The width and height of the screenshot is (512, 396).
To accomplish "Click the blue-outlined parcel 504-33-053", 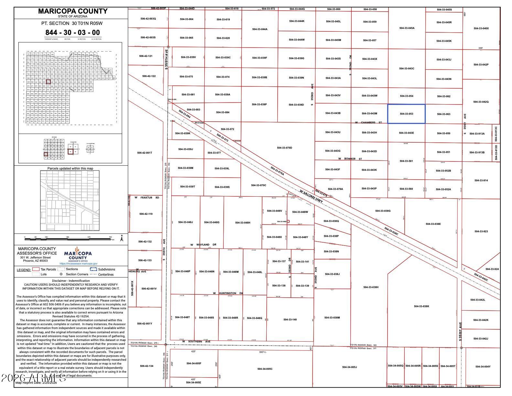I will tap(406, 114).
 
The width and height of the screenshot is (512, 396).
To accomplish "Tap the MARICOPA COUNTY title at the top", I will tap(73, 11).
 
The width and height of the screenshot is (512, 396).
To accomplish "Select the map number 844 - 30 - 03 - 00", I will tap(73, 32).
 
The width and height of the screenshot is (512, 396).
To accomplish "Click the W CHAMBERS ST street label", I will tap(368, 123).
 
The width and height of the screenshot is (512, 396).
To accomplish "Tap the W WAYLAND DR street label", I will tap(203, 245).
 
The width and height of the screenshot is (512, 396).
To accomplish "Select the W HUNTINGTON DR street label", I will tap(228, 293).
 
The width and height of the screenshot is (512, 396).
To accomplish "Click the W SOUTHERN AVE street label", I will tap(196, 342).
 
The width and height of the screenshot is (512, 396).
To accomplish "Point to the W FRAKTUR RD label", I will tap(147, 197).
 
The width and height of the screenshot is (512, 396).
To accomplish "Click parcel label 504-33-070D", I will tap(284, 148).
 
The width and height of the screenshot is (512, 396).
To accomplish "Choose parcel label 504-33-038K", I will tap(421, 306).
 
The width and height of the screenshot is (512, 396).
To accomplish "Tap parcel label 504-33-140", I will tap(290, 320).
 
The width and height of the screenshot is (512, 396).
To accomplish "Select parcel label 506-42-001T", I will tap(144, 153).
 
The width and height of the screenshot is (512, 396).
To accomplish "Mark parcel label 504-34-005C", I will tap(265, 369).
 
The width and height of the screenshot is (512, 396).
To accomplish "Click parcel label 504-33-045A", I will tap(407, 28).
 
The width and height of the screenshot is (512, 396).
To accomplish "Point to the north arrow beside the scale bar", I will tap(122, 239).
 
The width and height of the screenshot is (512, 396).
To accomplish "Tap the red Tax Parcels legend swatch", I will tap(36, 269).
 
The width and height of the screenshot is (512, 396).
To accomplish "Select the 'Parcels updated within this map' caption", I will tap(70, 169).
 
